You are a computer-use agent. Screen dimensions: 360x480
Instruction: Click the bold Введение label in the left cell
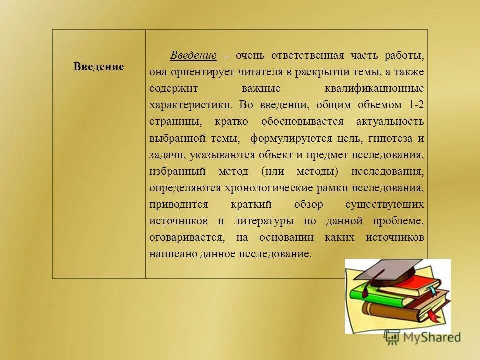tap(98, 67)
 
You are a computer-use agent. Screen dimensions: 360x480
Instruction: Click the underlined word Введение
tap(193, 55)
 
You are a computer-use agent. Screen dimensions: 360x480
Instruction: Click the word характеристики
tap(190, 105)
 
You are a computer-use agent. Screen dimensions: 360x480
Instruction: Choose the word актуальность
tap(390, 121)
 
